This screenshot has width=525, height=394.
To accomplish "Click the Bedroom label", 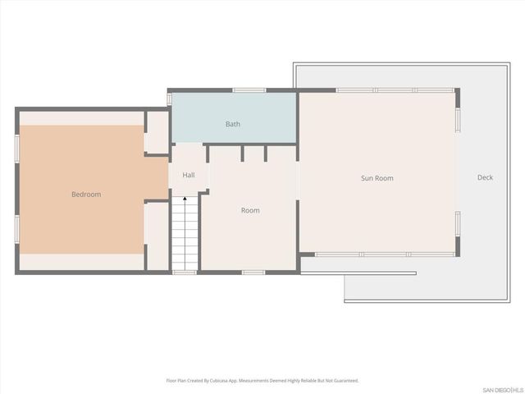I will click(x=85, y=195).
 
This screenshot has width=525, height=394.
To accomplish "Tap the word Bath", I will click(x=233, y=124).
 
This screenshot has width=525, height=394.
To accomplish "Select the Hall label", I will click(x=189, y=175).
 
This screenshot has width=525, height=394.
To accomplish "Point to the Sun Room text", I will click(x=377, y=178).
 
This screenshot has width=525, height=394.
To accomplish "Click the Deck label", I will click(x=486, y=177).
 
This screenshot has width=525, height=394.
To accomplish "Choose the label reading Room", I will click(x=250, y=211).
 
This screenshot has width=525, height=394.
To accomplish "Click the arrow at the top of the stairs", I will click(x=185, y=200).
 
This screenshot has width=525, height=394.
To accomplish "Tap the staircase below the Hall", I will click(x=185, y=238).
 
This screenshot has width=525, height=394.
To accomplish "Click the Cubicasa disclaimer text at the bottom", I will click(x=262, y=381).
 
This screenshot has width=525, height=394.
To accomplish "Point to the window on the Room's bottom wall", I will click(x=253, y=272).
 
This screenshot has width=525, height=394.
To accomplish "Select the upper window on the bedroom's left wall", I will click(x=16, y=147).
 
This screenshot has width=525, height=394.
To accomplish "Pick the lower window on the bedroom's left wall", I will click(x=16, y=229).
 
